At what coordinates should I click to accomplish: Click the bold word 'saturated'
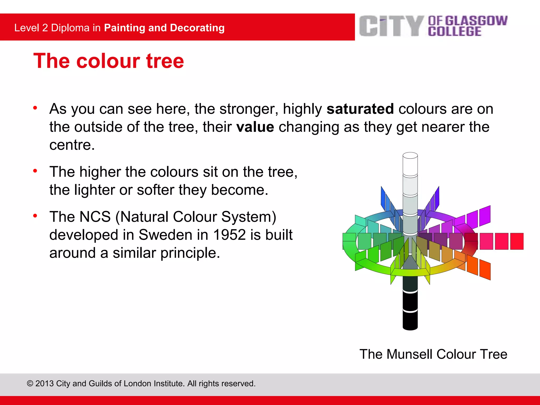click(360, 109)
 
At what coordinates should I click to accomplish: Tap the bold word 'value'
click(255, 127)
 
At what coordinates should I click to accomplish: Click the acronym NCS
click(95, 217)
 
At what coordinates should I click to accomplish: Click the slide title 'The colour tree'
click(109, 61)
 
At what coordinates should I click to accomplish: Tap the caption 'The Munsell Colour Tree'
click(433, 354)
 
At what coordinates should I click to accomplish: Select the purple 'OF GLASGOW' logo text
click(467, 21)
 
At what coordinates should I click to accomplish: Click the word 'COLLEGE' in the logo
click(455, 32)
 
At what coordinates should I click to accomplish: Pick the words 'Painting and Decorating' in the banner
click(164, 28)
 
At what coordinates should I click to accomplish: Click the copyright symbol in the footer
click(30, 383)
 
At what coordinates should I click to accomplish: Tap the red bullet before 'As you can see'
click(35, 108)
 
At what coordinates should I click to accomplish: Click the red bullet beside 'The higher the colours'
click(35, 171)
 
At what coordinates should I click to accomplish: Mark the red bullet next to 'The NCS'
click(35, 216)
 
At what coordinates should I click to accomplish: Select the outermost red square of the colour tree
click(517, 241)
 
